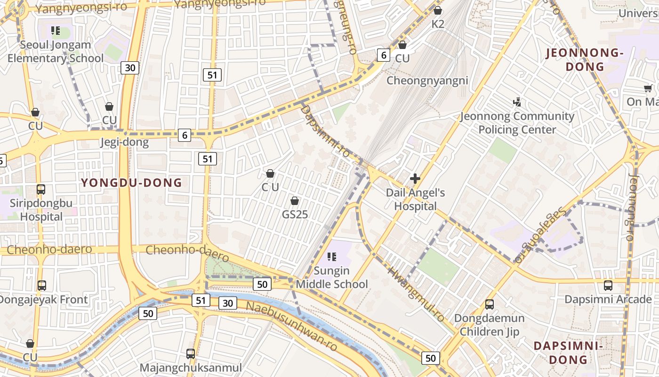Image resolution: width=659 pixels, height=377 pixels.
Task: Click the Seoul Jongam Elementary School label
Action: pyautogui.click(x=55, y=52)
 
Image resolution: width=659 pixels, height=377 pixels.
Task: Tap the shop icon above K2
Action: pyautogui.click(x=438, y=10)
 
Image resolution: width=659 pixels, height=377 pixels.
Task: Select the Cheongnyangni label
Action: pyautogui.click(x=427, y=81)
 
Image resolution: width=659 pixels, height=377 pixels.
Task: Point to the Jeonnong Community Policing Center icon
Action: pyautogui.click(x=517, y=102)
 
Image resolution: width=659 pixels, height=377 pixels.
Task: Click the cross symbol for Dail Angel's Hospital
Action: pyautogui.click(x=415, y=179)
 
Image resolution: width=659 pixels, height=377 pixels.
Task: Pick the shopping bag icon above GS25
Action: pyautogui.click(x=295, y=201)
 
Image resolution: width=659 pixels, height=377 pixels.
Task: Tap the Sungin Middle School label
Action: pyautogui.click(x=331, y=278)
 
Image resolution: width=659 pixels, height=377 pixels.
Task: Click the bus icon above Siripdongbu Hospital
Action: pyautogui.click(x=41, y=189)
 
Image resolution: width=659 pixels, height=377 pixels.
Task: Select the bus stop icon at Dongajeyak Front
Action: pyautogui.click(x=42, y=286)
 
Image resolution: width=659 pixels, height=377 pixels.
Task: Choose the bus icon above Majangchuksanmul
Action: pyautogui.click(x=191, y=353)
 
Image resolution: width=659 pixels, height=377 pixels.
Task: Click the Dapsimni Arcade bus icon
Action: pyautogui.click(x=608, y=286)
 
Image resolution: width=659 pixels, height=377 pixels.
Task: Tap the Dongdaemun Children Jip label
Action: pyautogui.click(x=490, y=325)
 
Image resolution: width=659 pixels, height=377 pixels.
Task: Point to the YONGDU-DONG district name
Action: pyautogui.click(x=131, y=183)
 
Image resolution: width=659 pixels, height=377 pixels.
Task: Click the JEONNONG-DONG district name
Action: pyautogui.click(x=585, y=60)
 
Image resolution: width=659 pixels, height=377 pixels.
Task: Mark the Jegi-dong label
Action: pyautogui.click(x=124, y=142)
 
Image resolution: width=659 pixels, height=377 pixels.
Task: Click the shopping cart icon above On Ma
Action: pyautogui.click(x=648, y=88)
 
